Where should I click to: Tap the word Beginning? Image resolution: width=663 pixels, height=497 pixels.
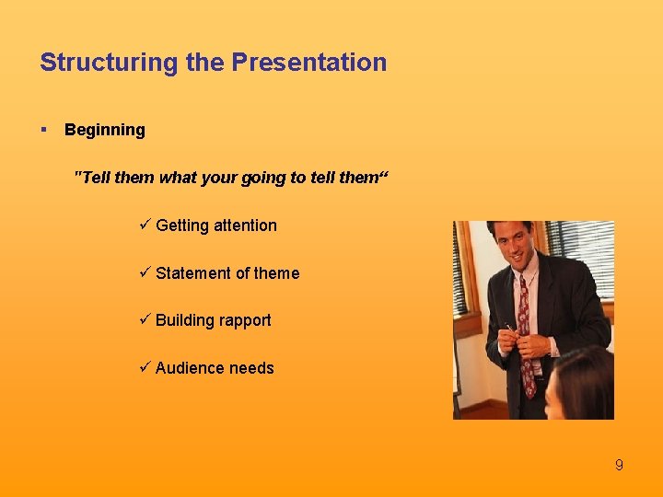coord(105,130)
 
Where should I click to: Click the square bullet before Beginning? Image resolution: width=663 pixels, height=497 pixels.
coord(44,130)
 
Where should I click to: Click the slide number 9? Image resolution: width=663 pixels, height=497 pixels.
coord(619,466)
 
